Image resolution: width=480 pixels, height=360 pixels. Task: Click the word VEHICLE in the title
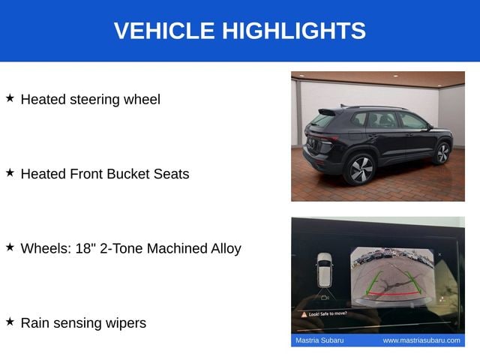(164, 31)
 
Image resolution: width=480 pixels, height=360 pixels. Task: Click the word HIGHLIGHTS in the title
(294, 31)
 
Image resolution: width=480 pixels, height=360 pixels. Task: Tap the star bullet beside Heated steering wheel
(10, 98)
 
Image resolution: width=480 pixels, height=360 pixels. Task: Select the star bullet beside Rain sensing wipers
(10, 322)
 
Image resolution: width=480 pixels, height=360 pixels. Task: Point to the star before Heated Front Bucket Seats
(10, 172)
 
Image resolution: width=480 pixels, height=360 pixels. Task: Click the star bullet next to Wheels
(10, 247)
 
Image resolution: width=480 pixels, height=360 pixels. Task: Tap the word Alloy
(226, 249)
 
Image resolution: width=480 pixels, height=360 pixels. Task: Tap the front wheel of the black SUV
(442, 153)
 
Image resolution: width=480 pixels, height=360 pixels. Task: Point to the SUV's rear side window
(358, 119)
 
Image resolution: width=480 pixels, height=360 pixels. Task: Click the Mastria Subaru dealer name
(319, 340)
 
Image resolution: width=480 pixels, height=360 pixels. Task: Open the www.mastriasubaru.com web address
(421, 340)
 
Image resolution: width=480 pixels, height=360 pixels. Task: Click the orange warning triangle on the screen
(304, 314)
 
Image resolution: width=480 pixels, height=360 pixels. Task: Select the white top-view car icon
(325, 270)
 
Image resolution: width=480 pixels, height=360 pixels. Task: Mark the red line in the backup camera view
(393, 294)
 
